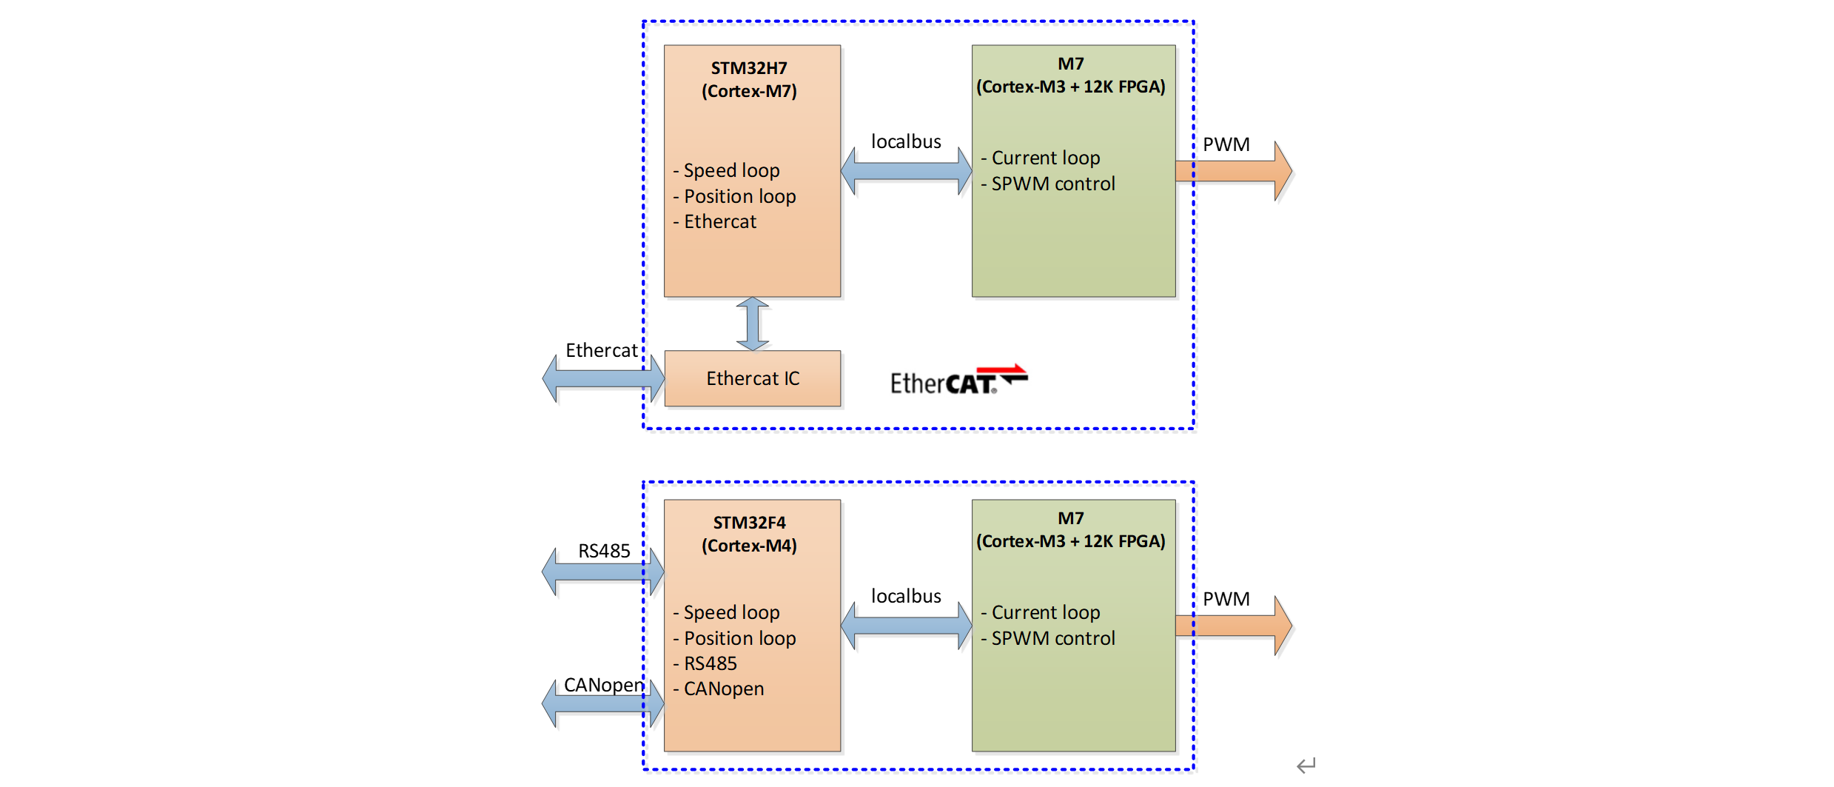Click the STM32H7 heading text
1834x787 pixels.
coord(749,68)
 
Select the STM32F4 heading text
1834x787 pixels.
coord(749,523)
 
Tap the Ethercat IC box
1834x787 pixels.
coord(753,378)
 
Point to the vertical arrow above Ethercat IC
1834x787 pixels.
coord(753,324)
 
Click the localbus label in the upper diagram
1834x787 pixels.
coord(906,141)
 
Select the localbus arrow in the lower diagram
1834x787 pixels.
coord(906,626)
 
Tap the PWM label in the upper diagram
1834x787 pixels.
coord(1226,144)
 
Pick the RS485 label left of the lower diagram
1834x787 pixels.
coord(604,551)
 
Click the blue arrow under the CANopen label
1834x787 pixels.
coord(602,703)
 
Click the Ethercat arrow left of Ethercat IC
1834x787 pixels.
coord(602,378)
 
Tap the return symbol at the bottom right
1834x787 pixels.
coord(1306,765)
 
